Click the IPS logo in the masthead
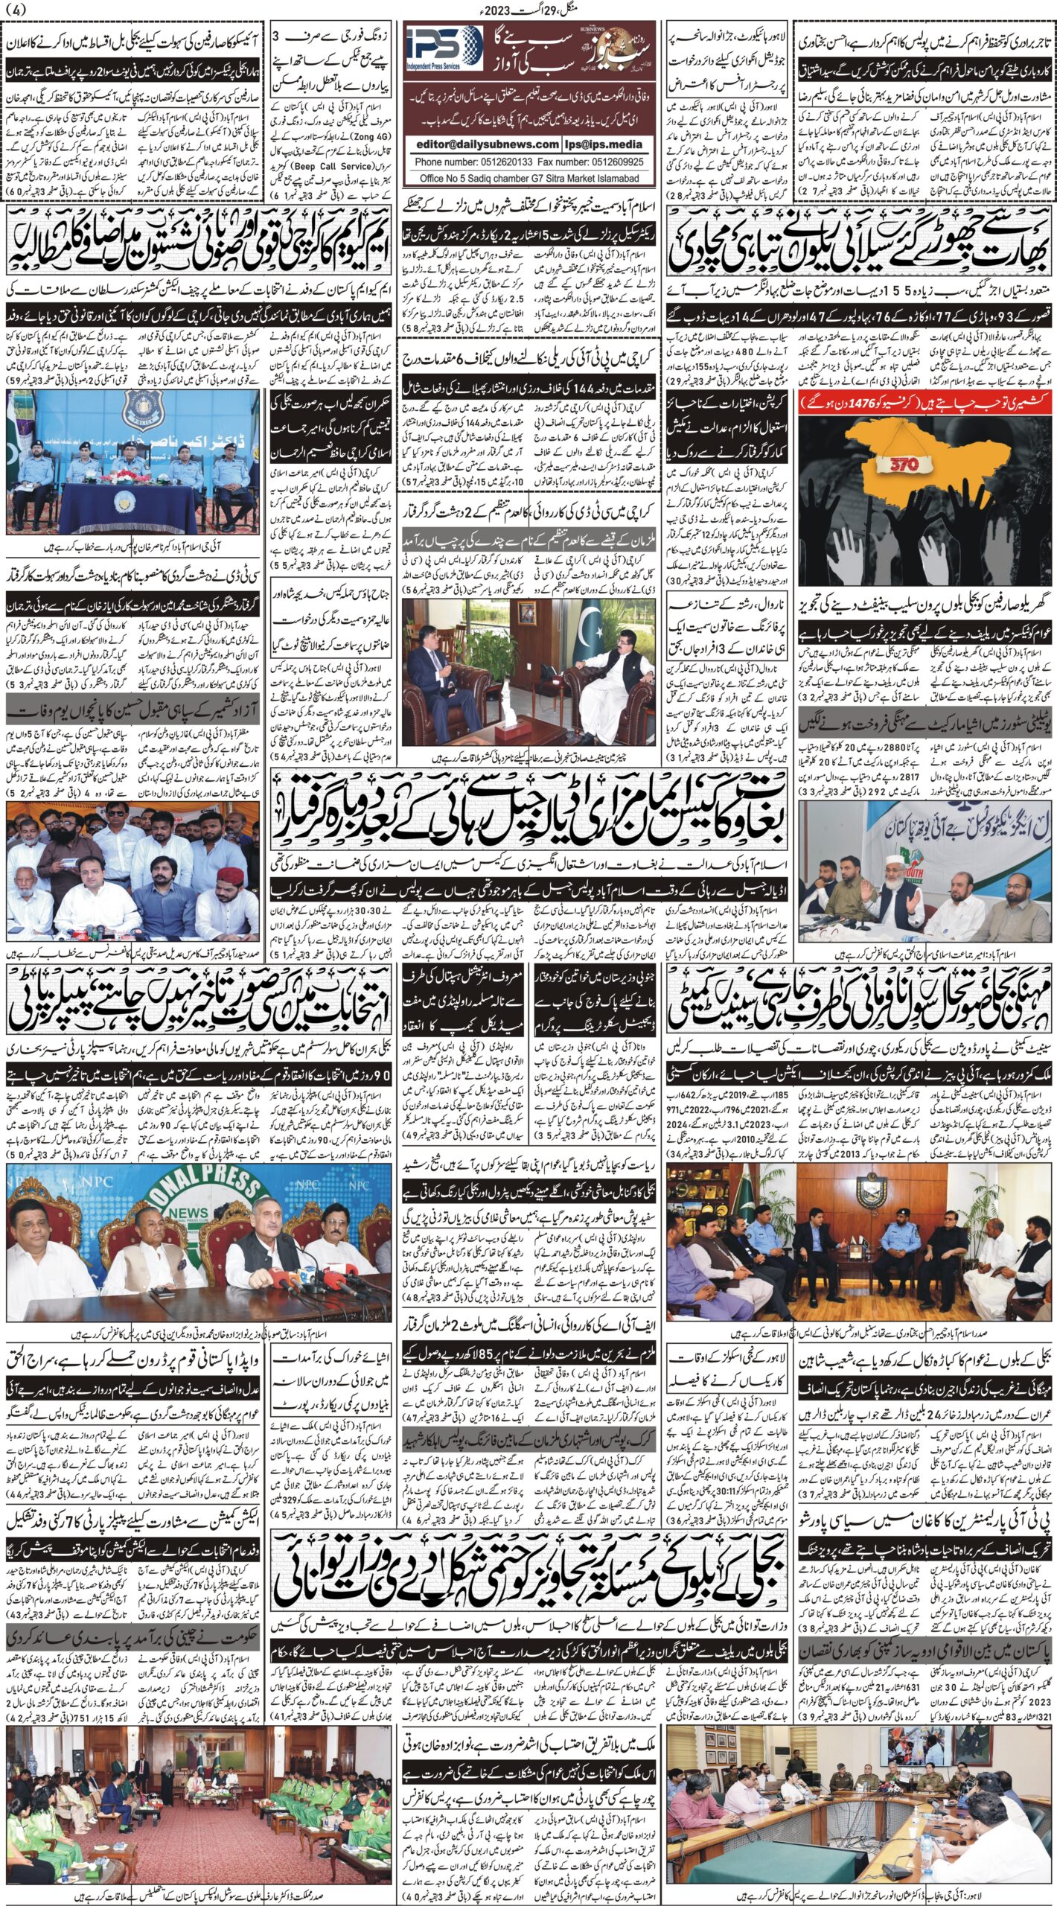[x=445, y=49]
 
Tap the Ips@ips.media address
[x=607, y=144]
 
